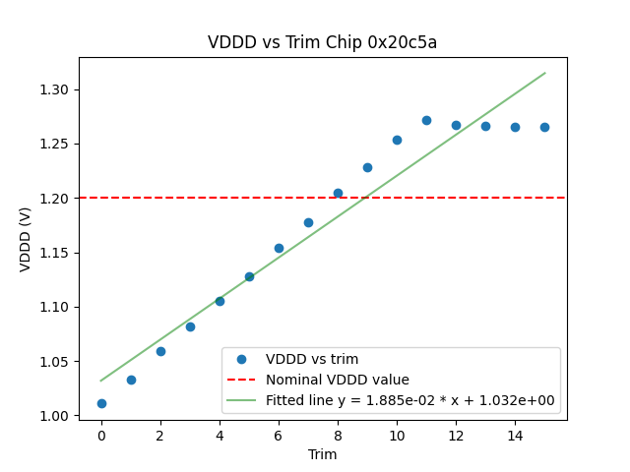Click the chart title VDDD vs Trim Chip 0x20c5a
[322, 43]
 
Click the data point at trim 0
[101, 403]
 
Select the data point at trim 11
[426, 120]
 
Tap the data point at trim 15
[544, 127]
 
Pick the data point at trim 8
[338, 193]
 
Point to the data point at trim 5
[249, 276]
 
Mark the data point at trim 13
[485, 126]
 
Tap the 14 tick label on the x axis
[515, 435]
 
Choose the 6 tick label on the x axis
[279, 435]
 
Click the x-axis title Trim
[322, 454]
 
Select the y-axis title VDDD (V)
[27, 239]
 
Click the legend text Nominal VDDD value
[338, 380]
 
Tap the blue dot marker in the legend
[244, 359]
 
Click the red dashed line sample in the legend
[244, 380]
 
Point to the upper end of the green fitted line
[544, 73]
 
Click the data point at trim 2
[160, 351]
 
